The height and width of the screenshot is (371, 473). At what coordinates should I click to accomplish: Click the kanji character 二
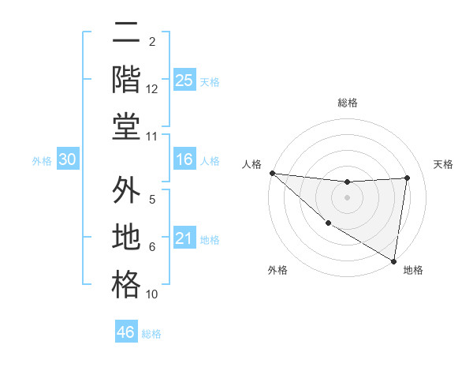pyautogui.click(x=126, y=34)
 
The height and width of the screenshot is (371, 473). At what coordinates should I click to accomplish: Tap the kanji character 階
pyautogui.click(x=126, y=79)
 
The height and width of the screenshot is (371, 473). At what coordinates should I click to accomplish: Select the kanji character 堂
pyautogui.click(x=126, y=126)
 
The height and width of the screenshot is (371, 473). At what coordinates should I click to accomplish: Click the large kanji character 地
pyautogui.click(x=126, y=238)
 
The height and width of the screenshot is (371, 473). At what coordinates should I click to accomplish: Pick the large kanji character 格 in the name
pyautogui.click(x=126, y=284)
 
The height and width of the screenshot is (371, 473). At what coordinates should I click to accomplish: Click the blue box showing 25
pyautogui.click(x=184, y=81)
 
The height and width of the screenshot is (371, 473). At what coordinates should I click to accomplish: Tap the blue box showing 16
pyautogui.click(x=184, y=160)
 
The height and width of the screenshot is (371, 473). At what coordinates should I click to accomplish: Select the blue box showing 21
pyautogui.click(x=184, y=238)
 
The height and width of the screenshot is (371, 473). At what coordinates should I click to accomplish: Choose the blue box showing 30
pyautogui.click(x=67, y=160)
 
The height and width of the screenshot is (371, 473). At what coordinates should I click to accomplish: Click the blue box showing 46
pyautogui.click(x=125, y=332)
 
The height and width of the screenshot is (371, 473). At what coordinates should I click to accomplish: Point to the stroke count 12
pyautogui.click(x=152, y=89)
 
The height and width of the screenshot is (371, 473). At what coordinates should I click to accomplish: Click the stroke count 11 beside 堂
pyautogui.click(x=152, y=137)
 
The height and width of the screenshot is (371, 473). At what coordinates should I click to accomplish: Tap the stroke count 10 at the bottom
pyautogui.click(x=152, y=294)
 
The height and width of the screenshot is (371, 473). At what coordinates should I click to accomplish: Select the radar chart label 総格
pyautogui.click(x=347, y=103)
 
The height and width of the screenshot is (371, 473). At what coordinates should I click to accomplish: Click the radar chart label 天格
pyautogui.click(x=443, y=164)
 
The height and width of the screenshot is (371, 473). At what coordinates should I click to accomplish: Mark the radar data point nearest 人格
pyautogui.click(x=272, y=173)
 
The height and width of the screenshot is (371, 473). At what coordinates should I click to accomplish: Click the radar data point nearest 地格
pyautogui.click(x=393, y=260)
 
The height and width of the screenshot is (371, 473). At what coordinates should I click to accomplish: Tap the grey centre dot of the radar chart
pyautogui.click(x=347, y=197)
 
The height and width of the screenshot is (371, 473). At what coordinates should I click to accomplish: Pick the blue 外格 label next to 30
pyautogui.click(x=42, y=161)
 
